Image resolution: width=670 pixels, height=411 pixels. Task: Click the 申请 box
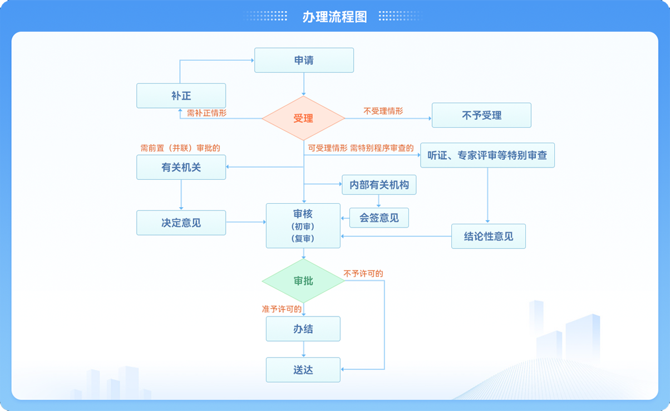[x=304, y=60]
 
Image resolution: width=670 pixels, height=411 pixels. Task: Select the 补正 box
[x=181, y=95]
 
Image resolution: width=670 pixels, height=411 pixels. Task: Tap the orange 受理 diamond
[x=303, y=118]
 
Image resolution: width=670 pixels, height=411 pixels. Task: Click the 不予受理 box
[x=481, y=115]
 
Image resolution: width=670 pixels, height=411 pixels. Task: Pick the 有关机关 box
[x=181, y=167]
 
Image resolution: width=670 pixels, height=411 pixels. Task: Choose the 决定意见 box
[x=181, y=223]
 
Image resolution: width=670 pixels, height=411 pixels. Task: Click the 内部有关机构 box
[x=379, y=185]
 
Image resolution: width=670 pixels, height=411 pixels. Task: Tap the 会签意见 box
[x=379, y=218]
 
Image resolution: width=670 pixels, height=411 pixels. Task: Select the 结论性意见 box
[x=489, y=236]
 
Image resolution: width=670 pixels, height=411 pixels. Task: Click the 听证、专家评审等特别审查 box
[x=487, y=155]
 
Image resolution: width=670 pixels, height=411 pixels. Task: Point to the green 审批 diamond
[x=303, y=281]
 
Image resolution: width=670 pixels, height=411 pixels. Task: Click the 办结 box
[x=303, y=329]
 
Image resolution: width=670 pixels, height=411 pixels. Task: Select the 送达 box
[x=303, y=370]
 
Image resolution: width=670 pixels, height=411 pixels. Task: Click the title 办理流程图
[x=334, y=17]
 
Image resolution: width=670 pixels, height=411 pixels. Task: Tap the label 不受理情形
[x=383, y=111]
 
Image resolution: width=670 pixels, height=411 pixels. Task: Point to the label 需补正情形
[x=206, y=113]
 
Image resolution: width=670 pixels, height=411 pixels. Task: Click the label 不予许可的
[x=363, y=273]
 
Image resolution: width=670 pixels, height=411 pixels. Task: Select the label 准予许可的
[x=282, y=309]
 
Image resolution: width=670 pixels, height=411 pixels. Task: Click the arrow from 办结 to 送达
[x=304, y=349]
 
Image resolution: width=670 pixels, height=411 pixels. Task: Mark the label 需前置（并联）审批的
[x=180, y=148]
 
